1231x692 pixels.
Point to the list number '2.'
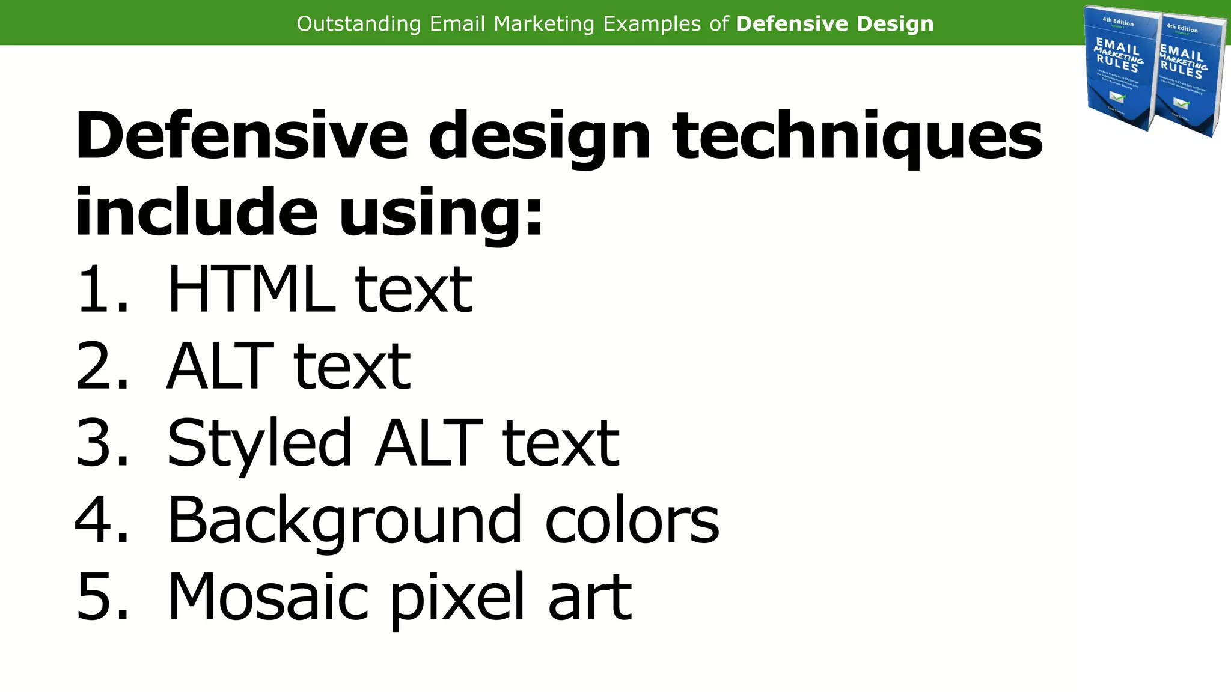tap(102, 366)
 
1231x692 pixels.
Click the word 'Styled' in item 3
tap(259, 445)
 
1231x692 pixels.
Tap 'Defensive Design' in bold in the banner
tap(834, 24)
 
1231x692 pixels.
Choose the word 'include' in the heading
tap(196, 213)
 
